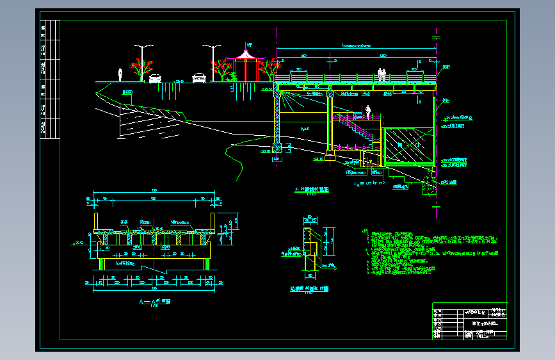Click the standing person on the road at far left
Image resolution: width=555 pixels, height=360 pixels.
(x=120, y=75)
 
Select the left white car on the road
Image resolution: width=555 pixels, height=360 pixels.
(x=155, y=78)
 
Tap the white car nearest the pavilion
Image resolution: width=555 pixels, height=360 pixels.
(x=199, y=78)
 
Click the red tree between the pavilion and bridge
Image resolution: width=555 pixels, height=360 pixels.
(x=268, y=67)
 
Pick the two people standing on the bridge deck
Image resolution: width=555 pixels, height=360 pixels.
(x=382, y=72)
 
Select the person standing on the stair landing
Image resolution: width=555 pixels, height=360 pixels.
(x=368, y=111)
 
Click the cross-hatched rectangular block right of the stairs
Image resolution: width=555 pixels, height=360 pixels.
(x=407, y=146)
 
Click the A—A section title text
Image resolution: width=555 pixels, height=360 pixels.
(x=152, y=301)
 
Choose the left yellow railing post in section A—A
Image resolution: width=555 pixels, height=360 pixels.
(x=96, y=222)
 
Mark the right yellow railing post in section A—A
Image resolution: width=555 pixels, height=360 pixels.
(x=211, y=222)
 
